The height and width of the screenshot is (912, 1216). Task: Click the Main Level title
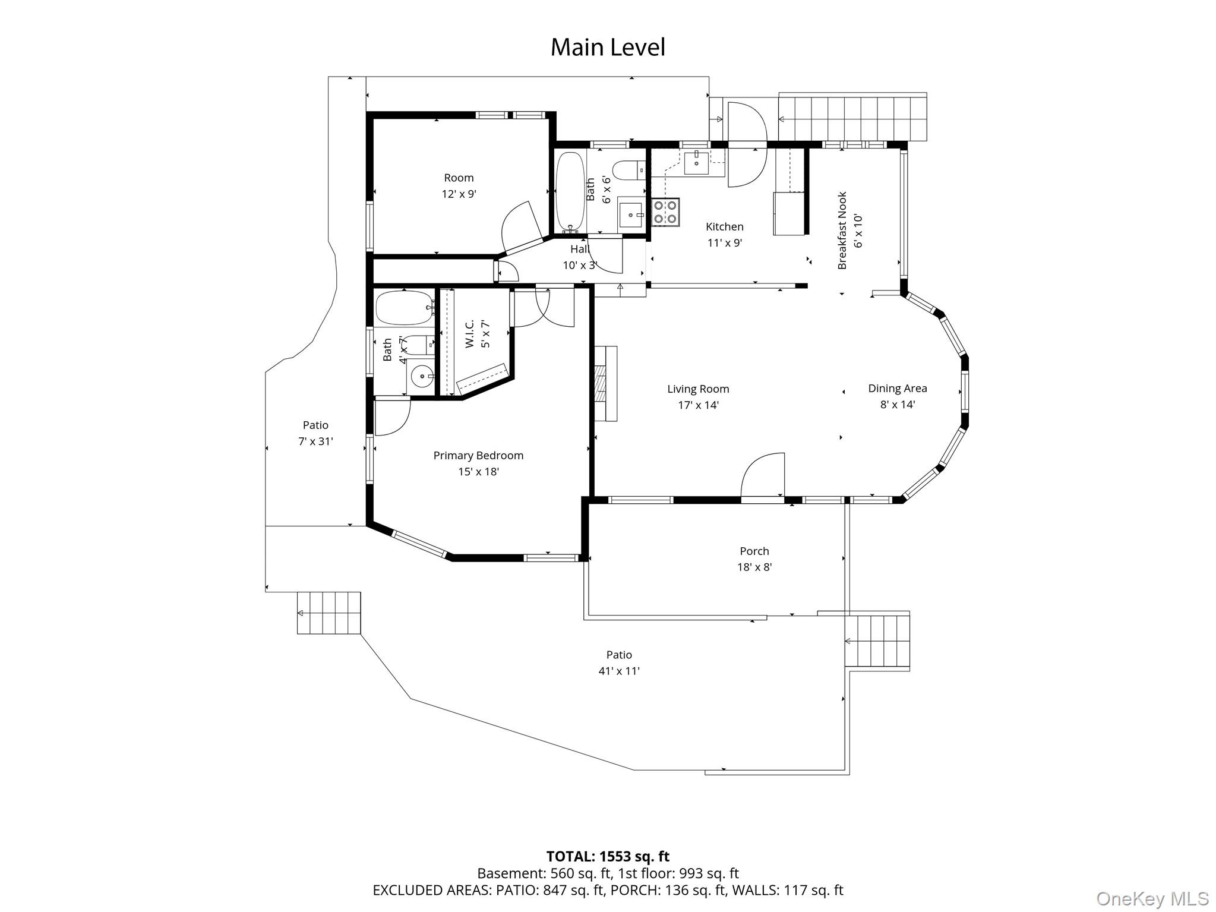(x=608, y=48)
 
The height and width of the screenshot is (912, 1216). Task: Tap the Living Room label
(x=698, y=389)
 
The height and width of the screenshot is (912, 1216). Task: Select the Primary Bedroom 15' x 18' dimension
(x=478, y=472)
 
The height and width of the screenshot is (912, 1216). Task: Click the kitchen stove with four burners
(x=666, y=212)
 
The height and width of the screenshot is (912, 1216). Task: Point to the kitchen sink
(x=696, y=162)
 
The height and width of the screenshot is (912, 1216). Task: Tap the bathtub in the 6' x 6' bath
(x=570, y=192)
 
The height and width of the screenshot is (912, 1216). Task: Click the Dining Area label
(x=897, y=389)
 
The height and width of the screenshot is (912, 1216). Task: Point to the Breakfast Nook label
(x=842, y=231)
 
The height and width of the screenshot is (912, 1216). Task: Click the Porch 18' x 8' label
(x=754, y=558)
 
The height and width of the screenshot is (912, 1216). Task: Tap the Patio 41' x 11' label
(x=618, y=662)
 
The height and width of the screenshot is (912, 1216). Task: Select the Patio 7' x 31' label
(x=315, y=433)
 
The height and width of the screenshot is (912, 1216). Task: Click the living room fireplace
(x=605, y=384)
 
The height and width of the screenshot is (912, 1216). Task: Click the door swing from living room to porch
(x=763, y=475)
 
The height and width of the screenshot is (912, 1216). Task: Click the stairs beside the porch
(x=877, y=641)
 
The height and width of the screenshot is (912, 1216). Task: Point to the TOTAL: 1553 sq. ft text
(x=607, y=856)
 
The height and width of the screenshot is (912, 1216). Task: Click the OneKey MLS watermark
(x=1152, y=898)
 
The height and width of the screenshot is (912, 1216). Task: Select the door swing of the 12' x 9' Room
(x=521, y=225)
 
